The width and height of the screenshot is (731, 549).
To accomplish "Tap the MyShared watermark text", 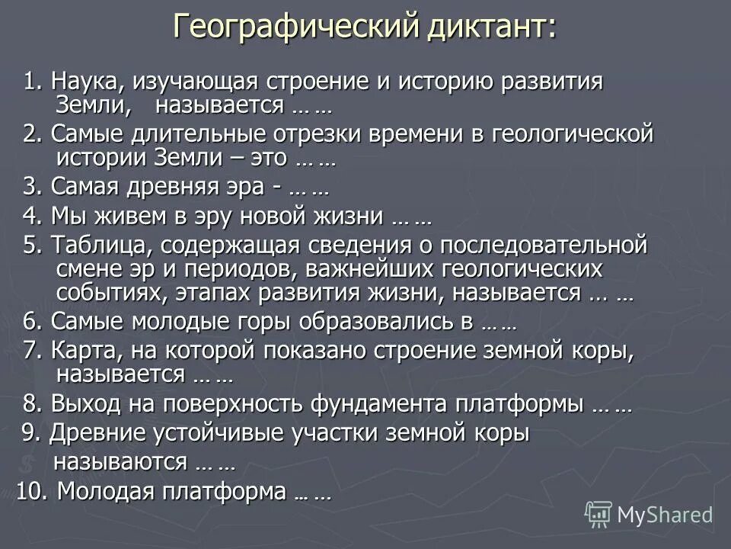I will click(665, 515).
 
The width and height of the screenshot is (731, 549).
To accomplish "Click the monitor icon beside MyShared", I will click(599, 515).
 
